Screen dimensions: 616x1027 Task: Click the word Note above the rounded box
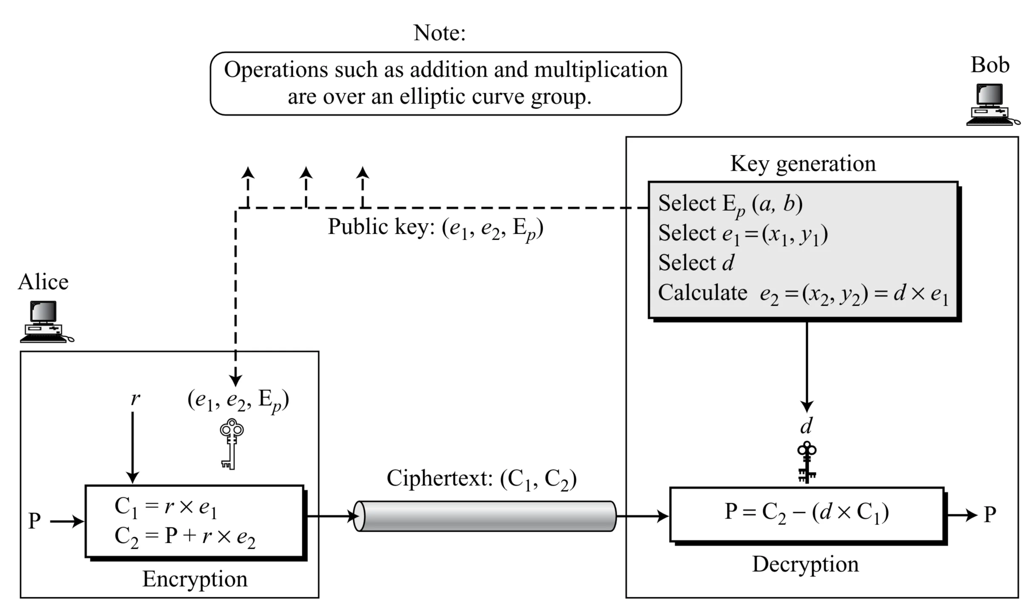tap(439, 33)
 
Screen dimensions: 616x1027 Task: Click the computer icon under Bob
tap(992, 104)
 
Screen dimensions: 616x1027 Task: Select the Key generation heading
tap(803, 163)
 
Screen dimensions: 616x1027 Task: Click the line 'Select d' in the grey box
tap(696, 263)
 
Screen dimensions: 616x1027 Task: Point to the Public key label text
tap(435, 228)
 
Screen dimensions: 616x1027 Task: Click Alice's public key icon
tap(231, 444)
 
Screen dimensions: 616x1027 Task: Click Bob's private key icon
tap(807, 462)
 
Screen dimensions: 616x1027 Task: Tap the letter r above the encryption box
tap(134, 398)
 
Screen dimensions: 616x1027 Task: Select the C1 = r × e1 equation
tap(166, 507)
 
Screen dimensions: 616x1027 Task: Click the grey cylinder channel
tap(485, 516)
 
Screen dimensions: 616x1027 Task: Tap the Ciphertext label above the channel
tap(481, 479)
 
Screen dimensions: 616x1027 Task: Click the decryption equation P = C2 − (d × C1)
tap(807, 513)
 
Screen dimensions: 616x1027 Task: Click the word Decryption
tap(805, 564)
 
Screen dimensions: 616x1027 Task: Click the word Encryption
tap(195, 579)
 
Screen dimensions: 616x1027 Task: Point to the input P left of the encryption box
tap(34, 521)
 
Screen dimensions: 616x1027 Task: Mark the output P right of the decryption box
tap(990, 514)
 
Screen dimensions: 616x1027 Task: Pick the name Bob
tap(990, 65)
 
